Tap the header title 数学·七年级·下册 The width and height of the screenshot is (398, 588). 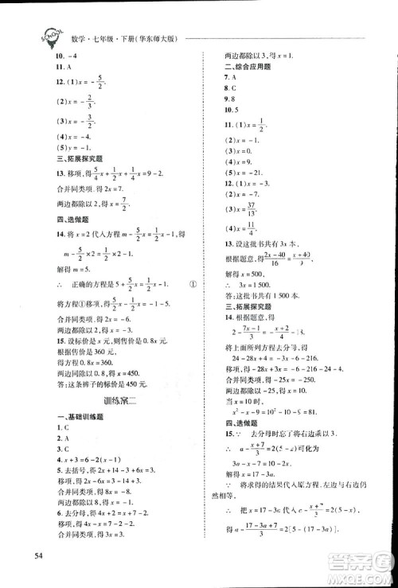[96, 38]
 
